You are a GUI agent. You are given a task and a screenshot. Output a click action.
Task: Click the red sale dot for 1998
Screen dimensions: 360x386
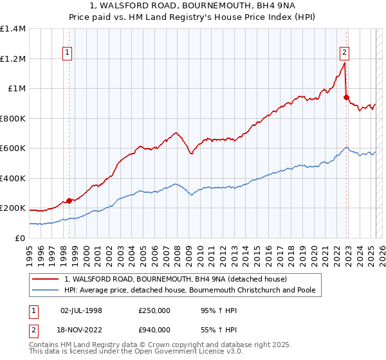tap(69, 201)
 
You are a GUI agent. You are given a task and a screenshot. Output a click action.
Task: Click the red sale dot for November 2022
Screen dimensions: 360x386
tap(346, 98)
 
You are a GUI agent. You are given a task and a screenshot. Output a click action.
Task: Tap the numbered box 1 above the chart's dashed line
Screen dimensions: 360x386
tap(68, 53)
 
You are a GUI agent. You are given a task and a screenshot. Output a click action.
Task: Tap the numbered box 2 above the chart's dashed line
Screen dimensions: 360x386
tap(345, 53)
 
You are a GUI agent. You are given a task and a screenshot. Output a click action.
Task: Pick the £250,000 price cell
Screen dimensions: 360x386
tap(154, 310)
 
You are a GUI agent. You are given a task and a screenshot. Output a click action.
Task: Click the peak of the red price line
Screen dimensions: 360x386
tap(345, 63)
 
